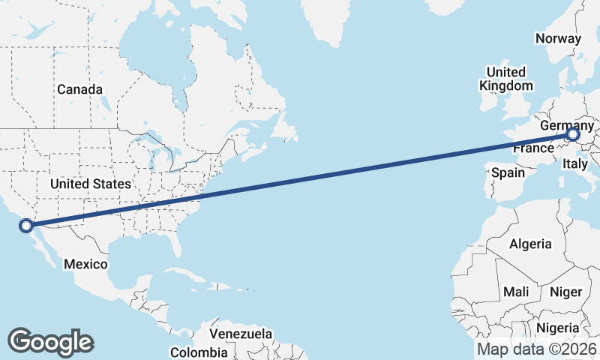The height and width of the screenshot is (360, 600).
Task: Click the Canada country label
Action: pos(79,89)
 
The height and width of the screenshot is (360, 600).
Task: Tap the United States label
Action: pos(91,184)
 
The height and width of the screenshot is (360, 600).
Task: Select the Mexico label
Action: pos(85,264)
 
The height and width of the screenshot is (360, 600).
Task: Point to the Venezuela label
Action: pos(241,333)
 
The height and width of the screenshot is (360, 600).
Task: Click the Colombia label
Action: pos(199,352)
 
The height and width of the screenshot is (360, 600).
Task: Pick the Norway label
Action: pos(559,39)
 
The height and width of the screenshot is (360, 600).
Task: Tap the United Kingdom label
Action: pos(506,78)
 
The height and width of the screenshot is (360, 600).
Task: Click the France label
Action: pos(532,148)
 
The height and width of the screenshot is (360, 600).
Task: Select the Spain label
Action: pos(508,172)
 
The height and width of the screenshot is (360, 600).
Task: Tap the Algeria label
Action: pos(530,244)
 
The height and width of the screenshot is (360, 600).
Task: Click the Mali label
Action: pos(516,292)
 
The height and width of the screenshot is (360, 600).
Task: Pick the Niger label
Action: pos(565,292)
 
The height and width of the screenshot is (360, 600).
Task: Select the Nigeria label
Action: pos(557,328)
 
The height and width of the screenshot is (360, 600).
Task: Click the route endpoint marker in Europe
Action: pos(572,135)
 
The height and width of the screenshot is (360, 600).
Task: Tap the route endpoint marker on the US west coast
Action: pos(26,225)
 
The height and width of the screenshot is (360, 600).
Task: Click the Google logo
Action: pos(50,341)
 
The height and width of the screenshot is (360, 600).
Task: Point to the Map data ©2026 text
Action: pos(537,349)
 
